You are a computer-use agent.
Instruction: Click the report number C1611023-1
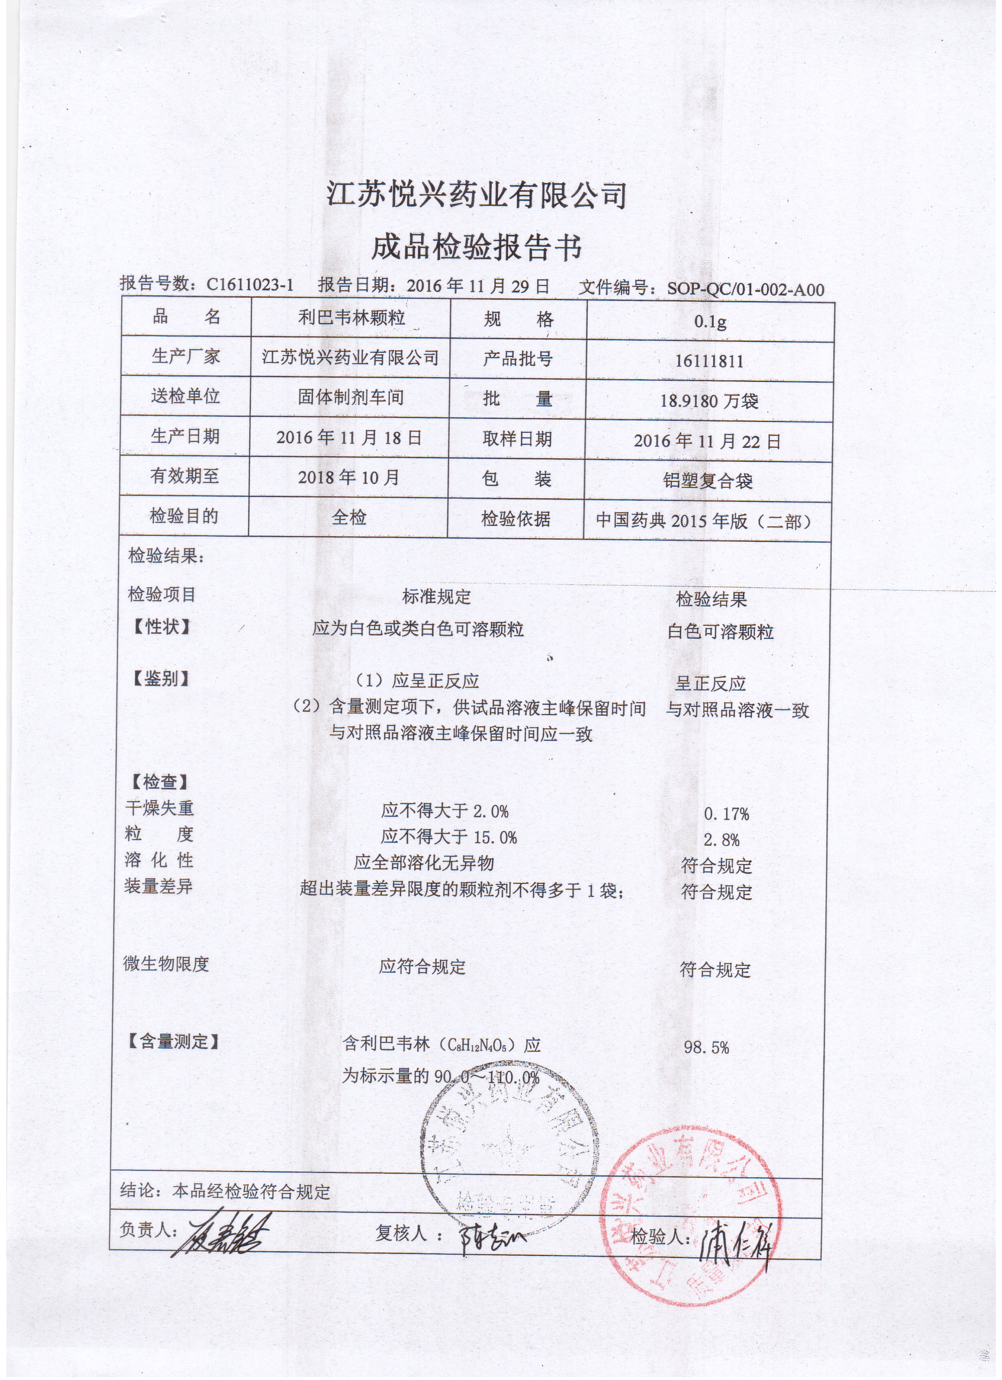[x=250, y=284]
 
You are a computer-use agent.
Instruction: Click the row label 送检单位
[x=185, y=396]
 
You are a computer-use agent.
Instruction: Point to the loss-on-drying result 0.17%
[x=726, y=814]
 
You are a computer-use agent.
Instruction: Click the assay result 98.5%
[x=706, y=1047]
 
